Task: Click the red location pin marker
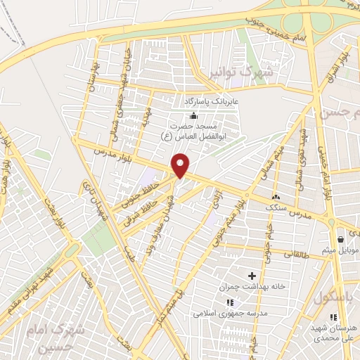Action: point(181,166)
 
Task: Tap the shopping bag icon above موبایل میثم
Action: point(340,238)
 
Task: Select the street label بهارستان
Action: point(91,79)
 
